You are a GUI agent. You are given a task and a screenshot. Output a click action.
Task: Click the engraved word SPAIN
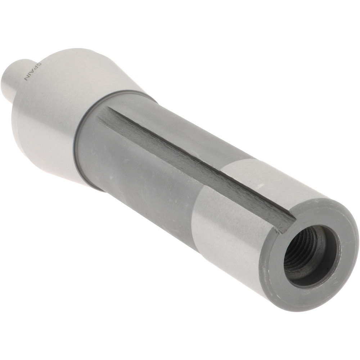click(x=33, y=72)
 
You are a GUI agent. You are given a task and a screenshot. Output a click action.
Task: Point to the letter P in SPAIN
click(x=36, y=69)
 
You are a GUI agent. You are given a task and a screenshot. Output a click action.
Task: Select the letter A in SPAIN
click(x=33, y=72)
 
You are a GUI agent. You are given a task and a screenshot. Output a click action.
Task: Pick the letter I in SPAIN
click(x=30, y=75)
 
